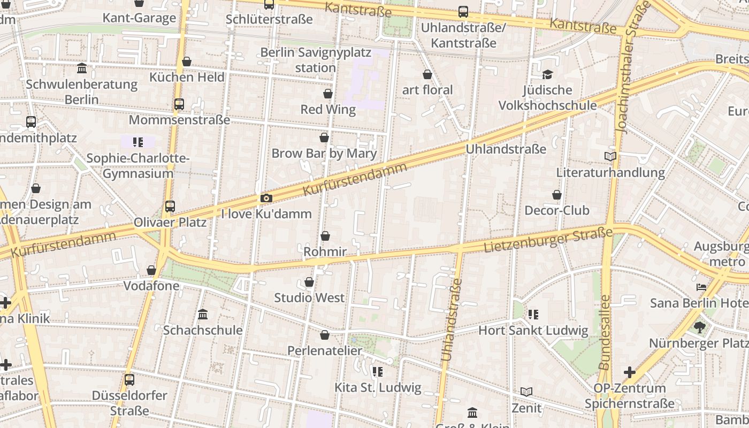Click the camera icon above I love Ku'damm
pyautogui.click(x=266, y=198)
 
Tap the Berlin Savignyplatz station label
pyautogui.click(x=315, y=60)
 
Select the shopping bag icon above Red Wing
pyautogui.click(x=328, y=94)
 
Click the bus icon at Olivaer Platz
pyautogui.click(x=170, y=206)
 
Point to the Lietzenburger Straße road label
pyautogui.click(x=548, y=240)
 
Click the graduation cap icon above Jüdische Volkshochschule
pyautogui.click(x=547, y=74)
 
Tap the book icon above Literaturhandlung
pyautogui.click(x=610, y=157)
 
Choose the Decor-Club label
pyautogui.click(x=557, y=210)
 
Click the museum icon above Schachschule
pyautogui.click(x=203, y=315)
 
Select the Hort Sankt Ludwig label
pyautogui.click(x=533, y=331)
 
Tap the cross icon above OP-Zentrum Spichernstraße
pyautogui.click(x=630, y=372)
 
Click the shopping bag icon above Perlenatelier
pyautogui.click(x=325, y=335)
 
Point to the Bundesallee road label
pyautogui.click(x=605, y=332)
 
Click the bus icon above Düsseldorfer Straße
pyautogui.click(x=129, y=380)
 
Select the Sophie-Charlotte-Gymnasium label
pyautogui.click(x=138, y=166)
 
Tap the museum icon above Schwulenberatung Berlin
pyautogui.click(x=82, y=68)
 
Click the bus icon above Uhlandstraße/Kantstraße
pyautogui.click(x=463, y=11)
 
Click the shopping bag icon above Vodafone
pyautogui.click(x=151, y=271)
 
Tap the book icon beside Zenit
pyautogui.click(x=526, y=392)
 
